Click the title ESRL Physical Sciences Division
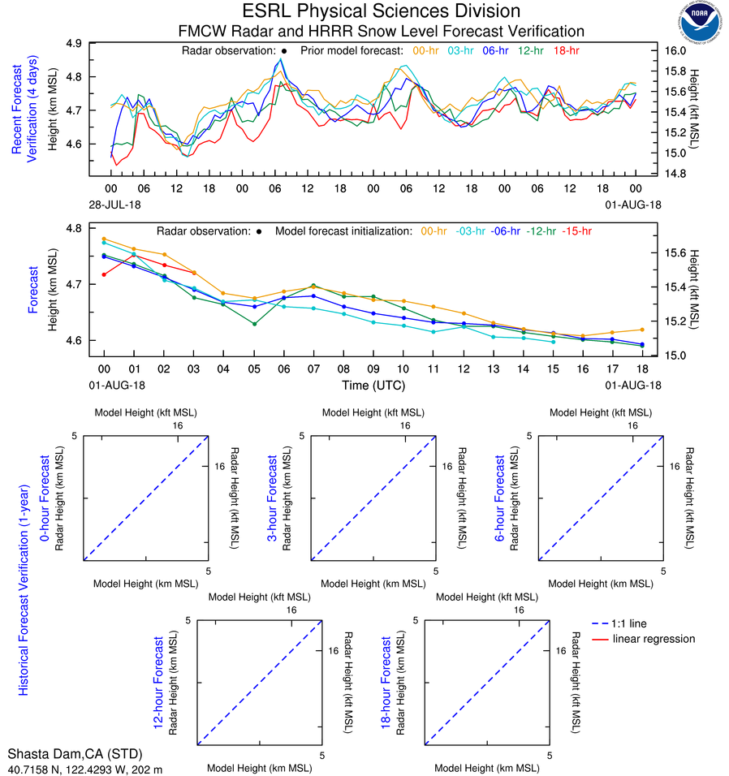[381, 11]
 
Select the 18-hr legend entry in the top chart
[566, 50]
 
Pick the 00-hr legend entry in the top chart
[427, 50]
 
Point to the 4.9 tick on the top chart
[96, 43]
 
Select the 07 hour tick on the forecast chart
[313, 368]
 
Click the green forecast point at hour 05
[254, 325]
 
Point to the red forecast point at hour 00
[104, 274]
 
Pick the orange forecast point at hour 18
[642, 330]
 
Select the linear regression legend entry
[654, 639]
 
